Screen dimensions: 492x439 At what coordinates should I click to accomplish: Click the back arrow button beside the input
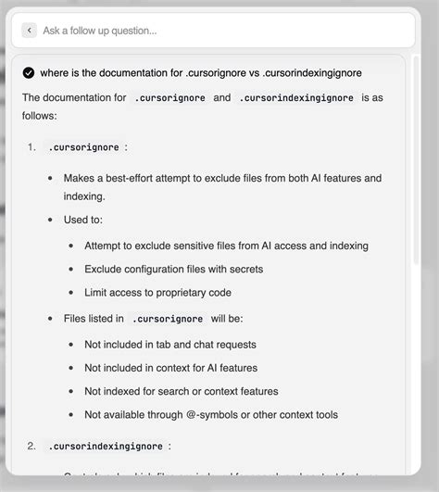coord(30,31)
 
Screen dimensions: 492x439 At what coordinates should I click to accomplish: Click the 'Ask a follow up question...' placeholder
coord(100,31)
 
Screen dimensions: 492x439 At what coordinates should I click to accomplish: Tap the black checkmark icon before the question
coord(29,73)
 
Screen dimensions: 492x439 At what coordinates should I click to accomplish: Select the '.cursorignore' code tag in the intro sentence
coord(168,97)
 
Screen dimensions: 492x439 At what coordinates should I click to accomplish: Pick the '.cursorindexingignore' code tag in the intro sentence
coord(296,97)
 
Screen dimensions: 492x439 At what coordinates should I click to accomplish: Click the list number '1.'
coord(32,146)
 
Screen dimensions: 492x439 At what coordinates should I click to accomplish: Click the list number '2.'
coord(32,446)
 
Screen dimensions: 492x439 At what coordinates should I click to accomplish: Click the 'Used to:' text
coord(83,221)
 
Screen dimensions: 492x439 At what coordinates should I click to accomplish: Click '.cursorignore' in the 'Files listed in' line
coord(168,319)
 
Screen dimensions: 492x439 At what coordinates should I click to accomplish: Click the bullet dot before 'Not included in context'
coord(71,368)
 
